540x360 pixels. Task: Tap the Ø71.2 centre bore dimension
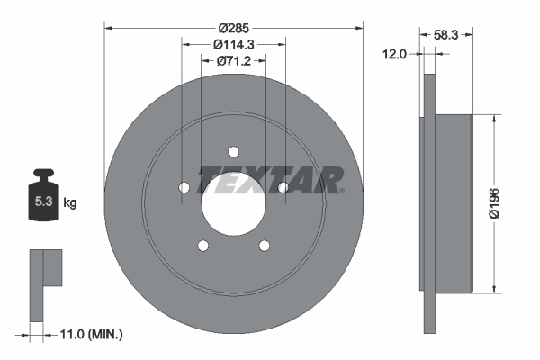click(x=233, y=61)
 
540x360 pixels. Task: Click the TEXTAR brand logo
click(x=270, y=179)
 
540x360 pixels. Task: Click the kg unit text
click(x=70, y=203)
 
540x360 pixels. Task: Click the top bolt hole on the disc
click(x=233, y=152)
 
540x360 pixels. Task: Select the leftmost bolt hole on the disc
click(x=184, y=187)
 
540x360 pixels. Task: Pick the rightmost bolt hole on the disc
click(x=283, y=187)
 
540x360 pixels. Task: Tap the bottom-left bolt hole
click(x=203, y=245)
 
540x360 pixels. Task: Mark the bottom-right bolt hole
click(x=264, y=245)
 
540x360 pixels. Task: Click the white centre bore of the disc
click(x=233, y=203)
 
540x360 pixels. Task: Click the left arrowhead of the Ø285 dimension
click(x=109, y=27)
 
